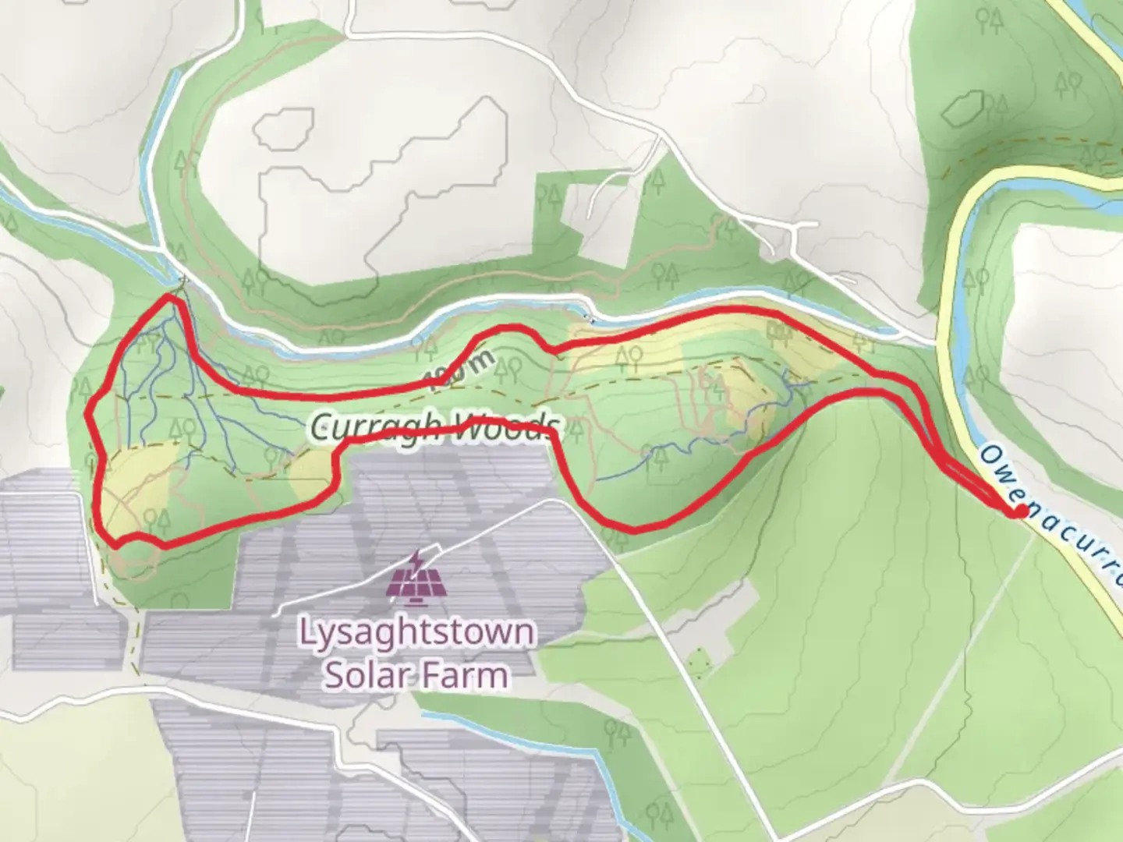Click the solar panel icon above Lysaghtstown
click(416, 575)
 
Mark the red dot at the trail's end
click(1019, 511)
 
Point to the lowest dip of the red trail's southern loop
click(632, 529)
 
